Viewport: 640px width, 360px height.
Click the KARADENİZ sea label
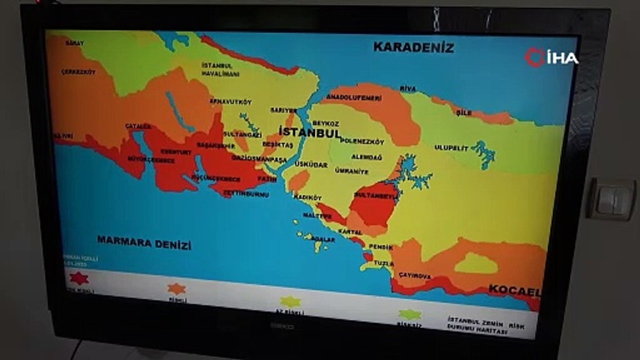coord(413,47)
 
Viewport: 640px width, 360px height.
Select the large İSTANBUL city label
coord(309,132)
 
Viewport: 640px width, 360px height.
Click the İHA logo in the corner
coord(551,57)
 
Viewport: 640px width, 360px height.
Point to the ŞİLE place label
coord(464,112)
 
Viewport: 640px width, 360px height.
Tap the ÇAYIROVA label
coord(414,275)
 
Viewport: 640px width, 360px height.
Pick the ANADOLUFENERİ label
coord(353,97)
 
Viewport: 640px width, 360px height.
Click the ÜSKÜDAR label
coord(310,164)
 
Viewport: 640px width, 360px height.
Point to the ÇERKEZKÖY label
coord(78,72)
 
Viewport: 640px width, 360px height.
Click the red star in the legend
coord(79,278)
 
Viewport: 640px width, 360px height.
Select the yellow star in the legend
coord(290,301)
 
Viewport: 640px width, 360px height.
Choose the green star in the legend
coord(409,314)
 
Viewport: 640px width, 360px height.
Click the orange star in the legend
coord(176,288)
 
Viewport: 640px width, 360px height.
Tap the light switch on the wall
coord(610,199)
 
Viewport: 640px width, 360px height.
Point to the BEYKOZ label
coord(326,123)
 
